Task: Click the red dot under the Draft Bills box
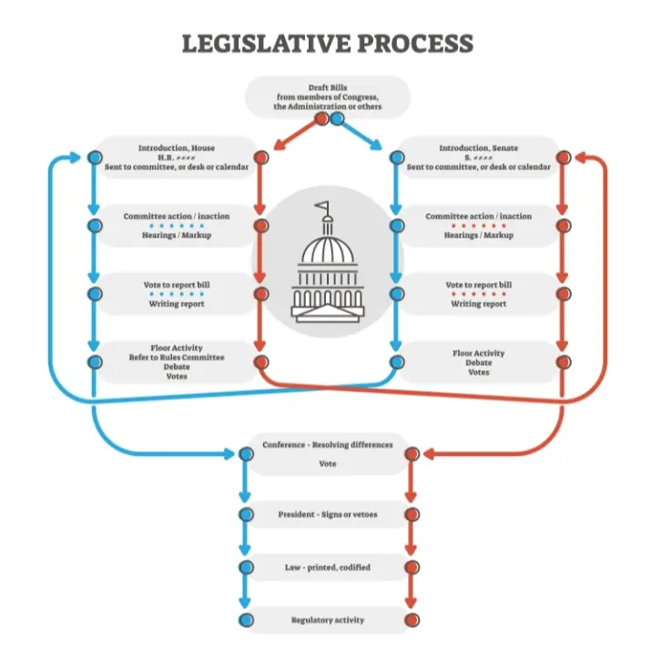pyautogui.click(x=321, y=118)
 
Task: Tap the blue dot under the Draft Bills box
pyautogui.click(x=337, y=118)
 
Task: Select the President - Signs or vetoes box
pyautogui.click(x=328, y=515)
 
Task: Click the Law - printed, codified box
pyautogui.click(x=328, y=568)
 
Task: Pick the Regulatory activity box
pyautogui.click(x=328, y=621)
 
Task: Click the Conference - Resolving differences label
pyautogui.click(x=328, y=445)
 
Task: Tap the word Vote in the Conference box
pyautogui.click(x=328, y=463)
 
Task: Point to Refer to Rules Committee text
pyautogui.click(x=177, y=358)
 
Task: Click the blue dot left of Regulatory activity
pyautogui.click(x=245, y=621)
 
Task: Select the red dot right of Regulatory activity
pyautogui.click(x=411, y=621)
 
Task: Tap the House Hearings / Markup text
pyautogui.click(x=177, y=235)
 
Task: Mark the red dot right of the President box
pyautogui.click(x=411, y=515)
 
